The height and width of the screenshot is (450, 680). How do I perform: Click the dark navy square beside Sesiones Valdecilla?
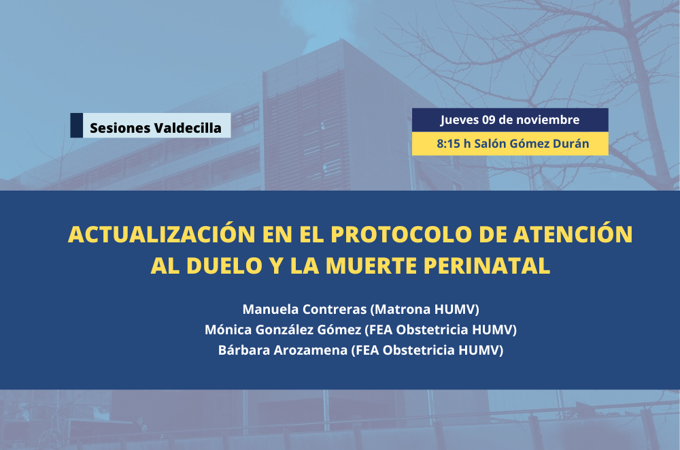point(76,125)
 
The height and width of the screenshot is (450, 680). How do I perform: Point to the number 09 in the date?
point(489,119)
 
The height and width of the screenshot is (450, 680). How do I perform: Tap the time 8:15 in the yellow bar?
point(448,144)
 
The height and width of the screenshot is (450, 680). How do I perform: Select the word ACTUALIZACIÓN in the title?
point(162,234)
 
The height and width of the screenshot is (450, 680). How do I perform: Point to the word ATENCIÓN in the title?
point(573,234)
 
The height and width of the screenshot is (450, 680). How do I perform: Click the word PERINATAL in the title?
point(487,266)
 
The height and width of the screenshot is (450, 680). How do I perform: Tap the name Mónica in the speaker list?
point(228,330)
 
